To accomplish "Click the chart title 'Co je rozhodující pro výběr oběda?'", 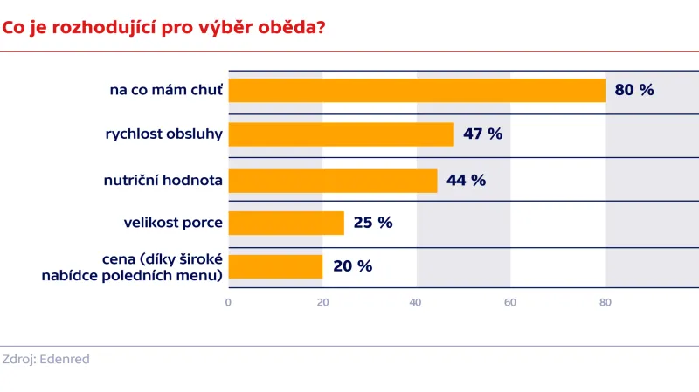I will click(164, 27).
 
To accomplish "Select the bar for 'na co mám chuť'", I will click(417, 91).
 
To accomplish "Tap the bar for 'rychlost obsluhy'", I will click(342, 134).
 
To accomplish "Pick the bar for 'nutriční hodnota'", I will click(333, 180).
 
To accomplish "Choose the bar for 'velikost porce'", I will click(287, 223).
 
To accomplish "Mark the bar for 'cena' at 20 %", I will click(275, 266).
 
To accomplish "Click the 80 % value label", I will click(634, 91).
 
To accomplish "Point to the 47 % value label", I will click(483, 134).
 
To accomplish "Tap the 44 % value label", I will click(466, 180).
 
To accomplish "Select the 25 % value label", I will click(373, 223).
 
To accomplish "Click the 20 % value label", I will click(352, 266).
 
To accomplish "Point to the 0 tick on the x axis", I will click(228, 303).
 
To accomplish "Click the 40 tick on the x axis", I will click(416, 303).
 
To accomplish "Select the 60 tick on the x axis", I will click(510, 303).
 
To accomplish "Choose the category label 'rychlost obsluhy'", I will click(163, 134).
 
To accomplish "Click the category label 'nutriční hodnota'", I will click(163, 180).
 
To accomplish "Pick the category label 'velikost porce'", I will click(173, 223).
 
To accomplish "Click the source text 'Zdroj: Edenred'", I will click(45, 359).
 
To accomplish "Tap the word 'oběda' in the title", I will click(292, 27).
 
